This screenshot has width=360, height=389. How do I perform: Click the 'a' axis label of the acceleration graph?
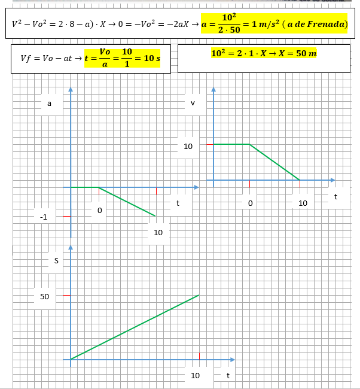pyautogui.click(x=49, y=104)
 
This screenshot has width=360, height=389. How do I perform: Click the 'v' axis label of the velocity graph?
pyautogui.click(x=193, y=104)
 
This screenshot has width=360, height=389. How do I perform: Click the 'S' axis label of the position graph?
pyautogui.click(x=56, y=260)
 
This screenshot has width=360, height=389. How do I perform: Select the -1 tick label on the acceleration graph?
pyautogui.click(x=43, y=217)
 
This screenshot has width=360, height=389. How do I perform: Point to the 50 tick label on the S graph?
pyautogui.click(x=45, y=296)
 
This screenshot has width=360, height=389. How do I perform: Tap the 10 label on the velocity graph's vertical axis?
pyautogui.click(x=188, y=146)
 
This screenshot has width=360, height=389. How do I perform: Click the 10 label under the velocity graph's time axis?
pyautogui.click(x=303, y=203)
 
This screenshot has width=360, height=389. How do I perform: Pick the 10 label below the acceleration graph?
pyautogui.click(x=158, y=232)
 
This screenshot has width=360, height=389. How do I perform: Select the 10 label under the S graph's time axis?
pyautogui.click(x=195, y=375)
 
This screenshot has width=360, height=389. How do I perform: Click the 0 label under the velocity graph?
pyautogui.click(x=250, y=203)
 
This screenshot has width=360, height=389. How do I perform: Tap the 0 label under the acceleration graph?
pyautogui.click(x=99, y=211)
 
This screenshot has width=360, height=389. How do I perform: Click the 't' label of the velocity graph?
pyautogui.click(x=335, y=196)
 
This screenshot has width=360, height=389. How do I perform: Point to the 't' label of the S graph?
pyautogui.click(x=228, y=375)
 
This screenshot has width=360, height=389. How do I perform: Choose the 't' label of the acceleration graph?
pyautogui.click(x=178, y=203)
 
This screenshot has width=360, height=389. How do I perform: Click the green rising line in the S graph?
pyautogui.click(x=135, y=327)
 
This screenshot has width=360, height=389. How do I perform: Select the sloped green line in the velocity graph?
pyautogui.click(x=274, y=162)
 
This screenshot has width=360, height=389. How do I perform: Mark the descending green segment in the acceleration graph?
pyautogui.click(x=127, y=202)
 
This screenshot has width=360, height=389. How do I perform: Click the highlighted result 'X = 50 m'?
pyautogui.click(x=294, y=54)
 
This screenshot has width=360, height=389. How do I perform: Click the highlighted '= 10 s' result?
pyautogui.click(x=148, y=58)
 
